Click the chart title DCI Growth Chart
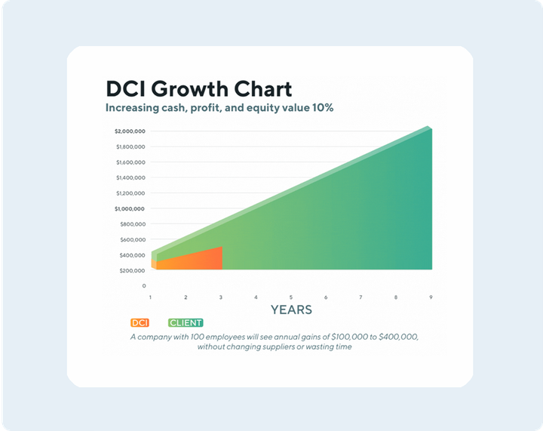(x=199, y=88)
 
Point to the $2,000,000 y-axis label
(x=130, y=131)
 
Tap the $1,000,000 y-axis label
(x=130, y=208)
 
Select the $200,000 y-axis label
(x=131, y=270)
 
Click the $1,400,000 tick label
(x=130, y=177)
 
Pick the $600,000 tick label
(x=131, y=239)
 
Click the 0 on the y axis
(x=143, y=286)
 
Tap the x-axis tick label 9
(x=431, y=297)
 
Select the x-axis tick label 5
(x=290, y=297)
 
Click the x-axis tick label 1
(x=151, y=297)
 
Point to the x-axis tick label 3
(x=221, y=297)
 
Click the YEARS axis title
(x=291, y=309)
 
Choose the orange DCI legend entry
(x=140, y=323)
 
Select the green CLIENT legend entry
(x=185, y=323)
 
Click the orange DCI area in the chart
(x=196, y=260)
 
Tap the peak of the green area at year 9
(x=430, y=130)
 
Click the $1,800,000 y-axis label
(x=130, y=146)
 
